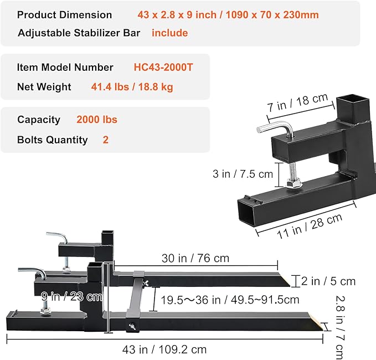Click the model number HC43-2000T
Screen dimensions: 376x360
[163, 68]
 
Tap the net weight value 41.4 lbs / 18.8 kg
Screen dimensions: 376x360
[132, 87]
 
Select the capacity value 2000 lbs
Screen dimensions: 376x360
[97, 120]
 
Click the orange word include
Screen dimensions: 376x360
[170, 33]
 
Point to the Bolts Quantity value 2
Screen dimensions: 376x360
[106, 140]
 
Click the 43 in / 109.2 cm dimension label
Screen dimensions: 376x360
[164, 349]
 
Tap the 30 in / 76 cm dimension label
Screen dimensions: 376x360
[195, 258]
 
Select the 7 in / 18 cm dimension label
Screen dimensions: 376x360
[297, 102]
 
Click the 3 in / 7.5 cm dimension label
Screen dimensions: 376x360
[243, 174]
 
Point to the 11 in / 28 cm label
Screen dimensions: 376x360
[310, 226]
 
